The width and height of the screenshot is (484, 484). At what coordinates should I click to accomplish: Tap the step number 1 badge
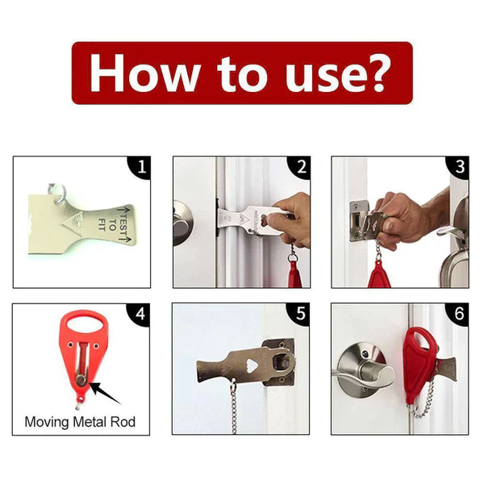(141, 168)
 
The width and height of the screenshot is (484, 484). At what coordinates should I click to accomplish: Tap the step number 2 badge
(301, 168)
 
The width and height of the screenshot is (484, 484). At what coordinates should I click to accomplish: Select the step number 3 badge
(460, 168)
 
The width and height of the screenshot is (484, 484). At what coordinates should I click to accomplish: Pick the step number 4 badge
(141, 315)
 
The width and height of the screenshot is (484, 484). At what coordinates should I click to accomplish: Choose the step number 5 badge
(301, 315)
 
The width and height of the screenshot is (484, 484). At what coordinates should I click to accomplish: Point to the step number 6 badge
(460, 315)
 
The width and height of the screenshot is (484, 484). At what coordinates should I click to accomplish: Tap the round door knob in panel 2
(181, 222)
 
